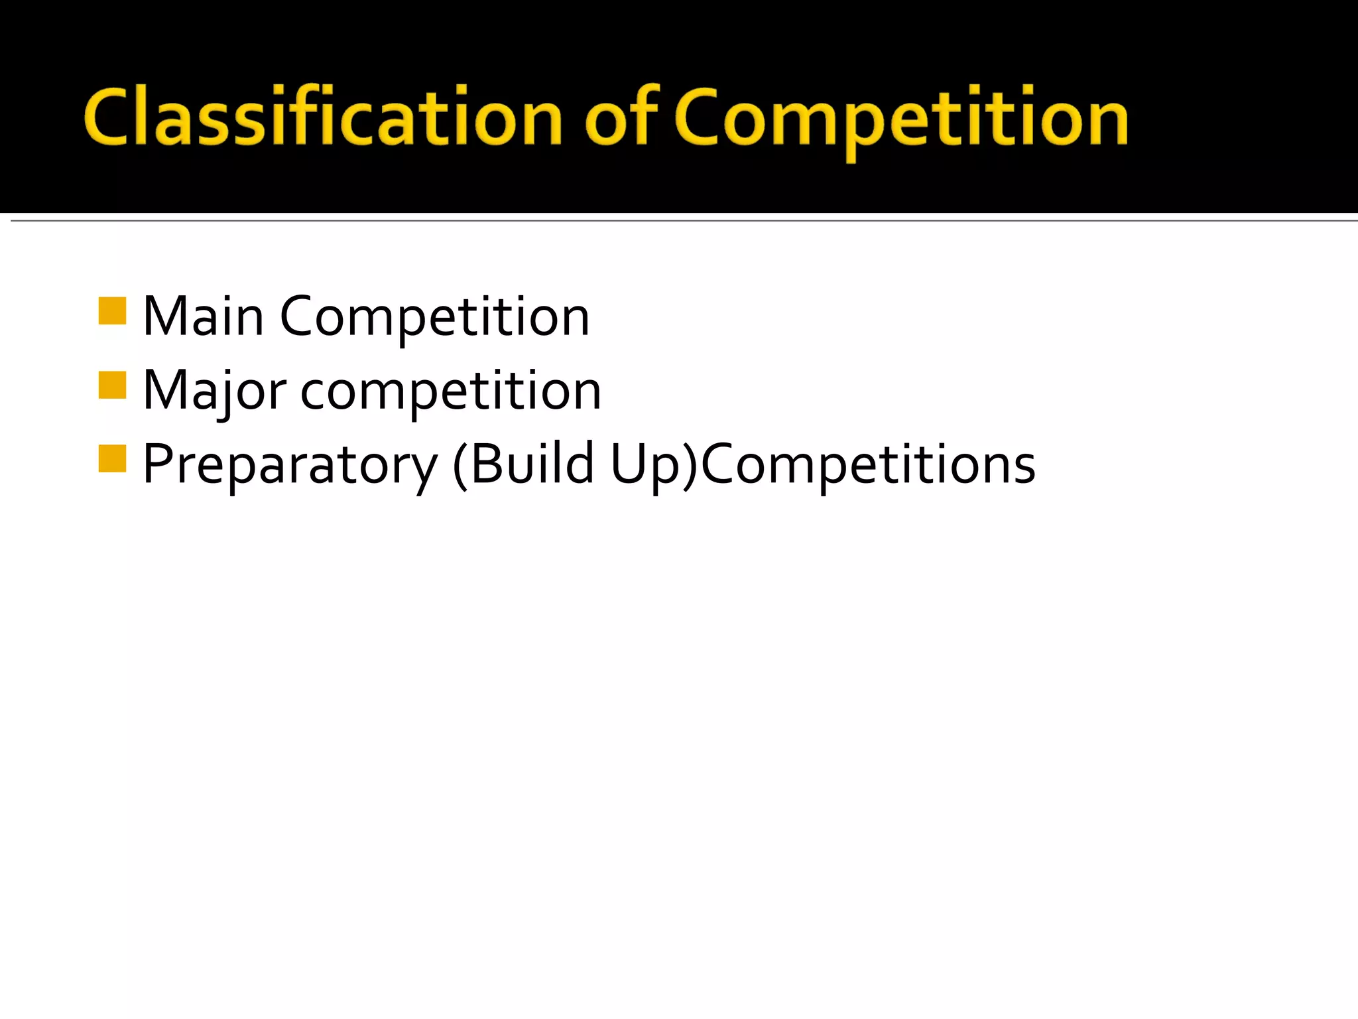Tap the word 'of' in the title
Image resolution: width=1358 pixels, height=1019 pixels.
click(x=621, y=116)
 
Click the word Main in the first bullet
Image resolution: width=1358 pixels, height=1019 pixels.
click(x=203, y=317)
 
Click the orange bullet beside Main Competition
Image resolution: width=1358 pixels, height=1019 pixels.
click(x=112, y=311)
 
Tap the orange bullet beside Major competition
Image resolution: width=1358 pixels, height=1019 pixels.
click(x=112, y=385)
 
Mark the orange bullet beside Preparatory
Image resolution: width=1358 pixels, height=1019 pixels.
click(x=112, y=458)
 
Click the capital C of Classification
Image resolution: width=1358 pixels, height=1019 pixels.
click(x=106, y=117)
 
